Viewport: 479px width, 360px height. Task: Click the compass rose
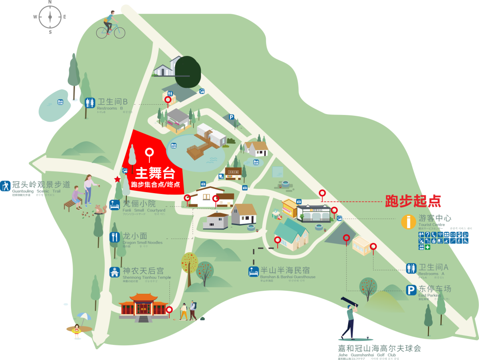click(50, 17)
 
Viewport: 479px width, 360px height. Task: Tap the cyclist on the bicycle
click(110, 25)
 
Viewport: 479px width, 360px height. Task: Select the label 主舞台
click(155, 173)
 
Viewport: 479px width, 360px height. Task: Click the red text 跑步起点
click(413, 201)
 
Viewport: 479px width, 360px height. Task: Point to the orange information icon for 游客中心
click(408, 222)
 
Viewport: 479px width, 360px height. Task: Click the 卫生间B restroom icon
click(90, 103)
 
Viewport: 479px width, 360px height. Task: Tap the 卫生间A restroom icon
click(411, 268)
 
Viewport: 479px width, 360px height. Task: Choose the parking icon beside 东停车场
click(411, 290)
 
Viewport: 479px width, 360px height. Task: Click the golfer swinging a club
click(350, 317)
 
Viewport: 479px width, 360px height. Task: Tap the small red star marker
click(117, 179)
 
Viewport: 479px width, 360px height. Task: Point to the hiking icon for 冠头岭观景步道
click(5, 186)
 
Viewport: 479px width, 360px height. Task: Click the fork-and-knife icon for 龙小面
click(114, 237)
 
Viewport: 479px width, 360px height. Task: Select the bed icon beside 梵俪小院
click(114, 205)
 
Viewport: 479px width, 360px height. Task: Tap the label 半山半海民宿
click(285, 270)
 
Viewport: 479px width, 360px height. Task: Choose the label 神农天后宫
click(143, 270)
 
